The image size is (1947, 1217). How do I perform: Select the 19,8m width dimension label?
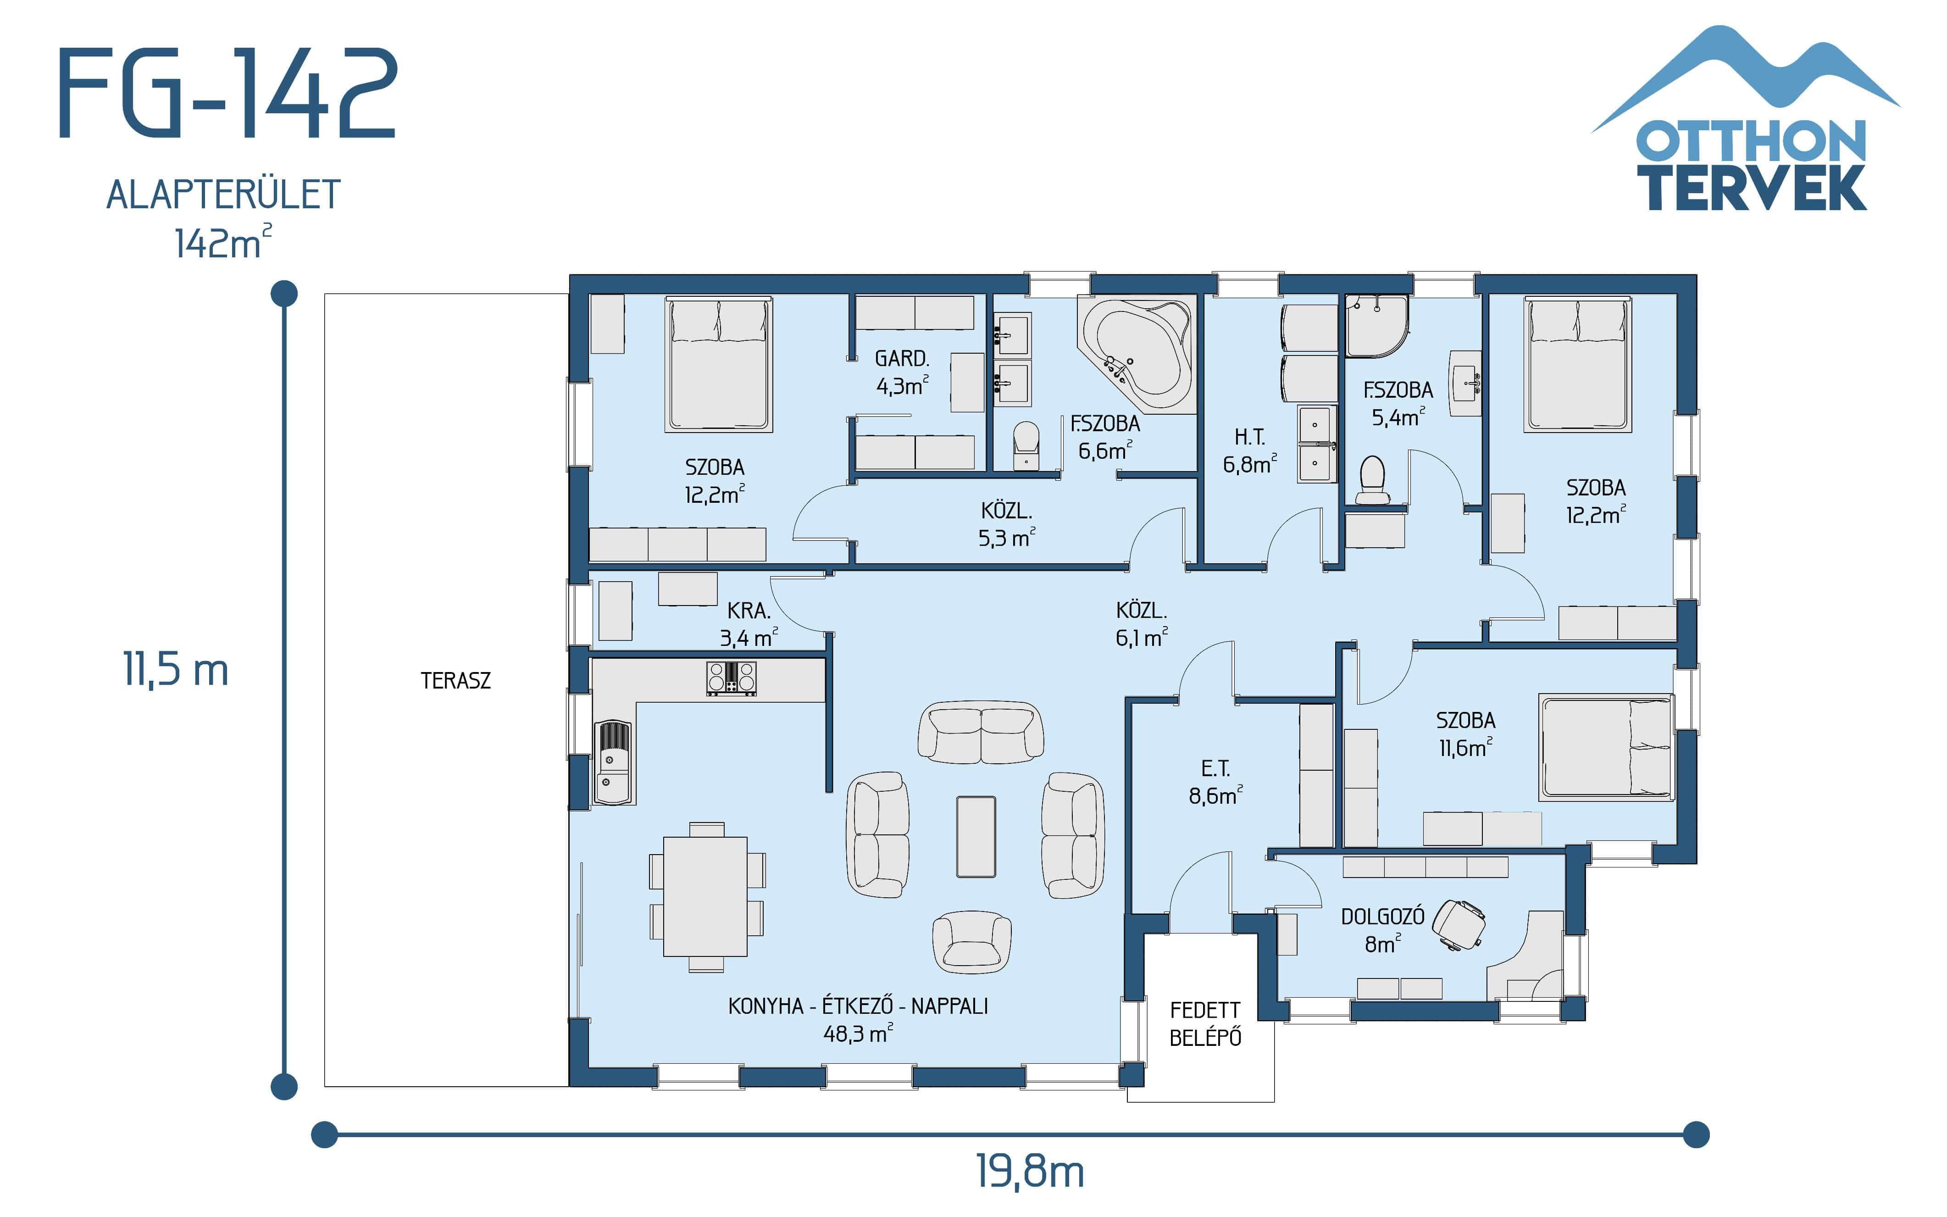[x=1029, y=1172]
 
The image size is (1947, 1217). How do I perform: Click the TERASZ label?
[x=455, y=681]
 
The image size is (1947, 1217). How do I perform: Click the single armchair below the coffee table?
[x=972, y=942]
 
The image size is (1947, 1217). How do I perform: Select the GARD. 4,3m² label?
[x=902, y=372]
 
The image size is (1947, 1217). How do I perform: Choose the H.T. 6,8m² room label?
[x=1248, y=451]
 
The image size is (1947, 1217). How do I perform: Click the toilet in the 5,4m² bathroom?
[x=1373, y=481]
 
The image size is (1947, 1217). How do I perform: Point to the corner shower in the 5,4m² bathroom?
[x=1376, y=326]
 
